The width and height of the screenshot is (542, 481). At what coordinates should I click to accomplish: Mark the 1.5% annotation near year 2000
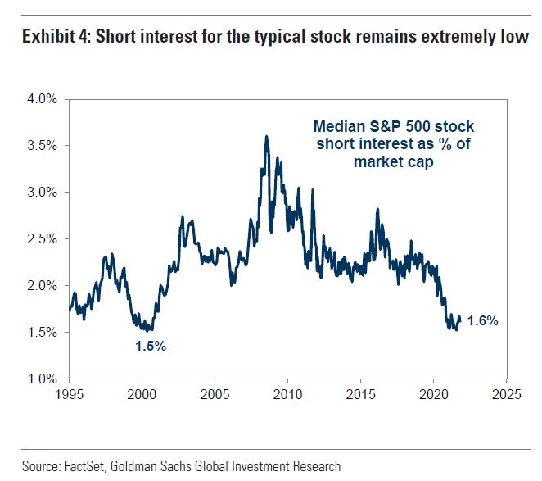click(151, 347)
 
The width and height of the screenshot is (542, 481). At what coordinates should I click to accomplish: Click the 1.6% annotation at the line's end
click(482, 321)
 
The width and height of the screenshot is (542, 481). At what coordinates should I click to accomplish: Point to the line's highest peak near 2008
click(266, 138)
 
